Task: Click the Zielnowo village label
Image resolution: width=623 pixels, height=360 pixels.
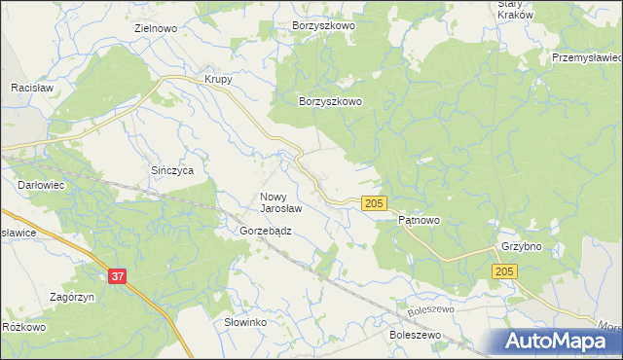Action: coord(155,29)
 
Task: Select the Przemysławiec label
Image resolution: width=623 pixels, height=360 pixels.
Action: coord(586,58)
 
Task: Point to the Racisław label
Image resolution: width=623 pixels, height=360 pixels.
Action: coord(30,88)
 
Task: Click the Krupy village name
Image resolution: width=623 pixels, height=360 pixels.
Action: coord(217,80)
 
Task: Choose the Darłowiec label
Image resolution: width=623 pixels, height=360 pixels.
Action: coord(41,183)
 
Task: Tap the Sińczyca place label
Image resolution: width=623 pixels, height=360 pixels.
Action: coord(172,170)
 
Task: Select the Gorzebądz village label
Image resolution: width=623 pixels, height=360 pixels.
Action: coord(266,232)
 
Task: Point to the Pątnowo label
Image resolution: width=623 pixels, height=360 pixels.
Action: coord(420,221)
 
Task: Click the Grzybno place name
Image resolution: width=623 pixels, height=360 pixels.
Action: coord(521,247)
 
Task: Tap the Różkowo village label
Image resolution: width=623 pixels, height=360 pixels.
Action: coord(24,327)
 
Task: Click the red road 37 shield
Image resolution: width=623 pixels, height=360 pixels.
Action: coord(117,277)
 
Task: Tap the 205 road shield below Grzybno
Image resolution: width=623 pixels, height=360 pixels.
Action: coord(504,272)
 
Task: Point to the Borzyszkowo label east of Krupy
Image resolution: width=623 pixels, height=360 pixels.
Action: coord(330,101)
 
